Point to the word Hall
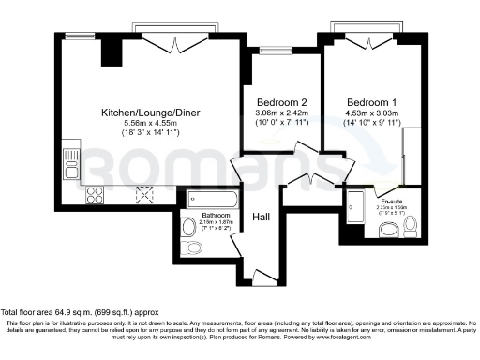[262, 217]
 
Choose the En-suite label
[388, 189]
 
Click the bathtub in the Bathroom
[211, 200]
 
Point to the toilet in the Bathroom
[193, 247]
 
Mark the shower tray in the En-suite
[355, 206]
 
